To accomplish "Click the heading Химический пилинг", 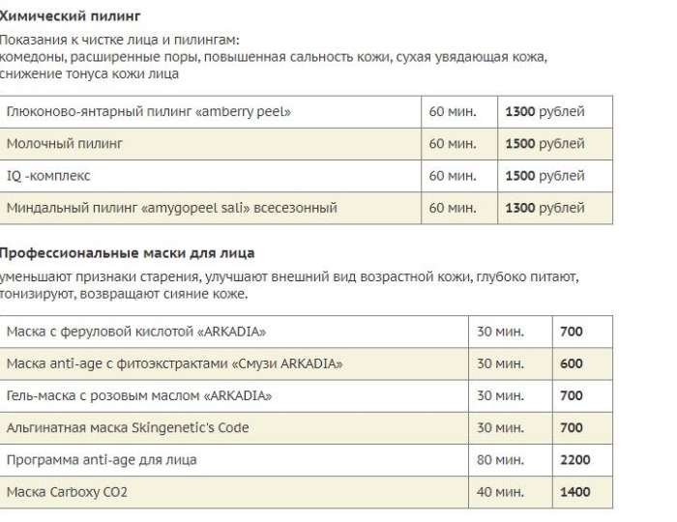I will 71,16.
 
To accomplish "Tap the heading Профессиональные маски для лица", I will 127,253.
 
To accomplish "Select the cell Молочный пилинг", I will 65,144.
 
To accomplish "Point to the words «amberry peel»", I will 243,112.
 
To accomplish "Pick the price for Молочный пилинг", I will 545,144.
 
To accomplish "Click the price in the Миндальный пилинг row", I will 545,208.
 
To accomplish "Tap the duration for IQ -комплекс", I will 453,176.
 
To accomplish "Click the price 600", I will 571,364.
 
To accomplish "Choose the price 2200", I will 574,460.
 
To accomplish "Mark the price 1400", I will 574,492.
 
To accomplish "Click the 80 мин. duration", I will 500,460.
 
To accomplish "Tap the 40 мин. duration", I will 500,492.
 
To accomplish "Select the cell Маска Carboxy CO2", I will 67,492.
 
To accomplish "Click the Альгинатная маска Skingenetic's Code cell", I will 128,428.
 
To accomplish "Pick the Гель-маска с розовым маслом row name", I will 138,396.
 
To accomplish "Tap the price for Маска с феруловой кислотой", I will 571,333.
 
